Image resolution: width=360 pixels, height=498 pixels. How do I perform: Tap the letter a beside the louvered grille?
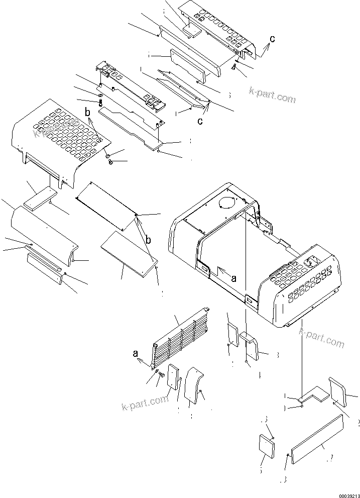point(136,354)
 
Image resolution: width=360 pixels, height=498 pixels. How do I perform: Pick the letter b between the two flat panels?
point(148,240)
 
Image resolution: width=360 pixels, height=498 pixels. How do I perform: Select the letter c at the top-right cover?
point(272,39)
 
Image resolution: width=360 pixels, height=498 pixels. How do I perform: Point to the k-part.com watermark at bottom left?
point(144,403)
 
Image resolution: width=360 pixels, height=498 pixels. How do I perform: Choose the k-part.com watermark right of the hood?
point(321,338)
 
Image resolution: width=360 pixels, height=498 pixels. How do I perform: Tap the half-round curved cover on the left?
point(43,231)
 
